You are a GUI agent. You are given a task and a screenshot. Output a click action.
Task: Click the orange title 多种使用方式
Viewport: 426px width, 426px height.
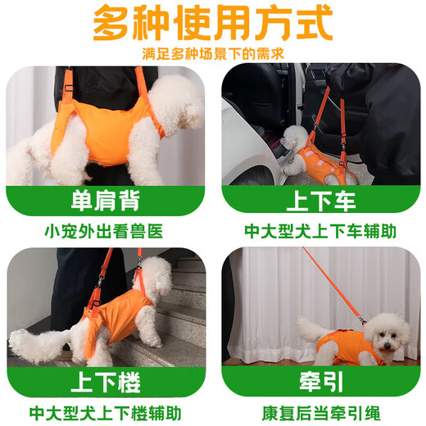tap(213, 25)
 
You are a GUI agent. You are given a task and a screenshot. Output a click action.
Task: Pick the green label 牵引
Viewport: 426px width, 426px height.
tap(319, 381)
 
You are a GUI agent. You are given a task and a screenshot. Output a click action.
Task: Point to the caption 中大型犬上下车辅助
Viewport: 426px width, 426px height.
tap(320, 231)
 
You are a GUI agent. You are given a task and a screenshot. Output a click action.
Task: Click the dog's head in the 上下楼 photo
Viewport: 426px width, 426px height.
tap(156, 279)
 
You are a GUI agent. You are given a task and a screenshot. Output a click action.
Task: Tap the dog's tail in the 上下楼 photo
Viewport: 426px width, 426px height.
tap(33, 344)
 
